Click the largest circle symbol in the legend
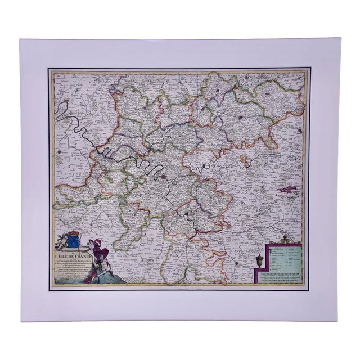(x=271, y=236)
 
